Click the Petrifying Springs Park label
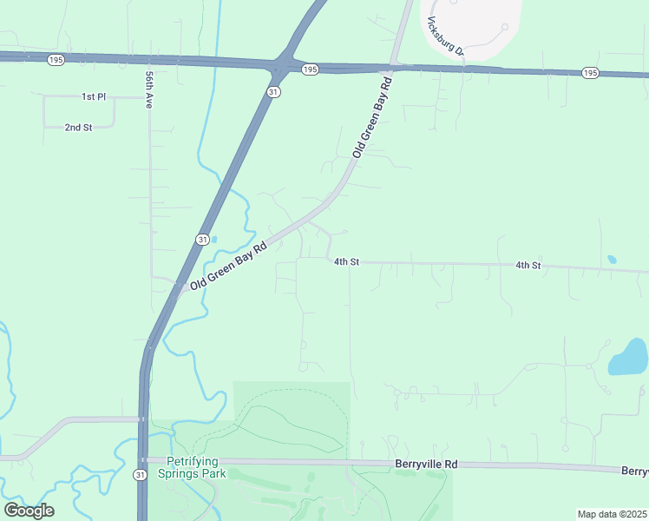[x=192, y=467]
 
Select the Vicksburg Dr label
[x=446, y=38]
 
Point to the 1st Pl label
[x=93, y=96]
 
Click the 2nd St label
[x=78, y=128]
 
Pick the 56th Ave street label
[x=149, y=89]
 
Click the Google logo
[x=29, y=511]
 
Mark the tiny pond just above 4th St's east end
[x=612, y=259]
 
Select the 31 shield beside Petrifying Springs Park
[x=140, y=474]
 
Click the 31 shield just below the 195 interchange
[x=273, y=91]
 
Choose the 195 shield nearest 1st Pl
[x=56, y=59]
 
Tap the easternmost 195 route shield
[x=590, y=72]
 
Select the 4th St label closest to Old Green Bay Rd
[x=346, y=261]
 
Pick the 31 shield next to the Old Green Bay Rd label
[x=202, y=239]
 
